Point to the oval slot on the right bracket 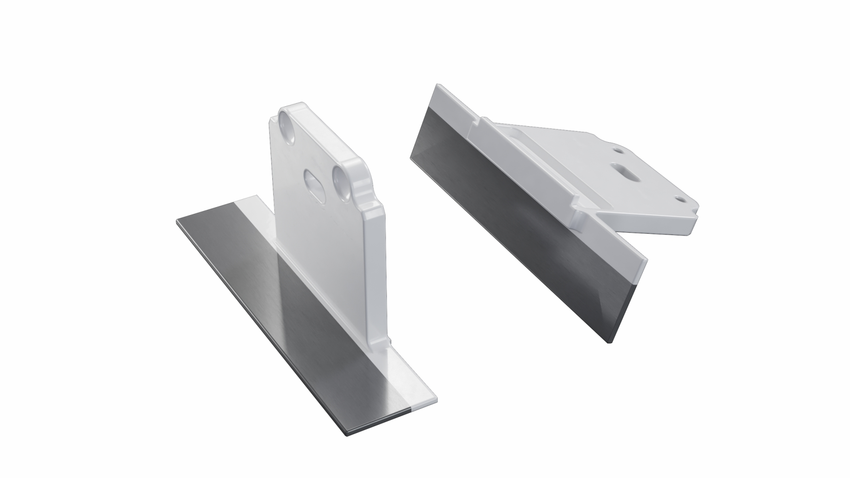click(626, 171)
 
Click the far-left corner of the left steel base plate click(177, 220)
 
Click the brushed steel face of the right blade click(509, 221)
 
